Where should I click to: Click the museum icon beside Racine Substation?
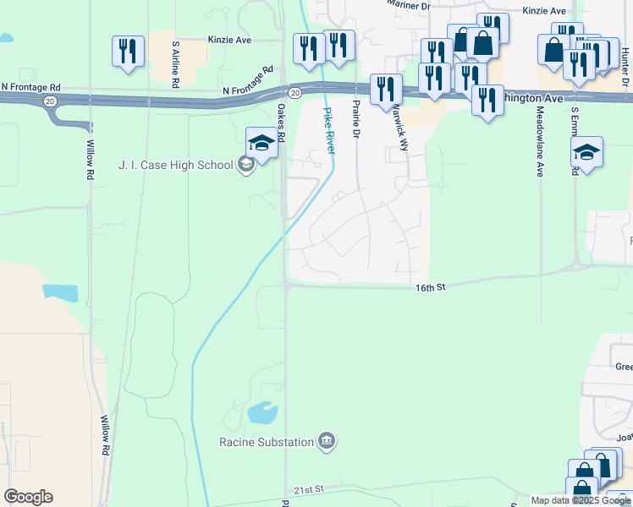pos(327,440)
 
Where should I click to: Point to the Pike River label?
pos(328,130)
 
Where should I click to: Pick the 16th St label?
pos(430,288)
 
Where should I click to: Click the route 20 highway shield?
pos(294,91)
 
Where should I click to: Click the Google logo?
pos(28,496)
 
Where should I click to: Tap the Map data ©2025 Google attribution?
pos(581,500)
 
